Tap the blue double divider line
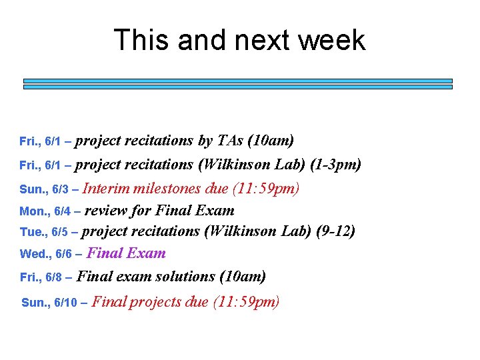pos(238,83)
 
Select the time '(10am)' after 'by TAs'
pos(271,141)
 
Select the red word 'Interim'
pos(107,189)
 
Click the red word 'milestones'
pos(167,189)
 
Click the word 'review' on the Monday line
pos(106,211)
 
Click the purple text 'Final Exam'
pos(126,253)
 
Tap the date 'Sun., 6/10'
pos(49,303)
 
